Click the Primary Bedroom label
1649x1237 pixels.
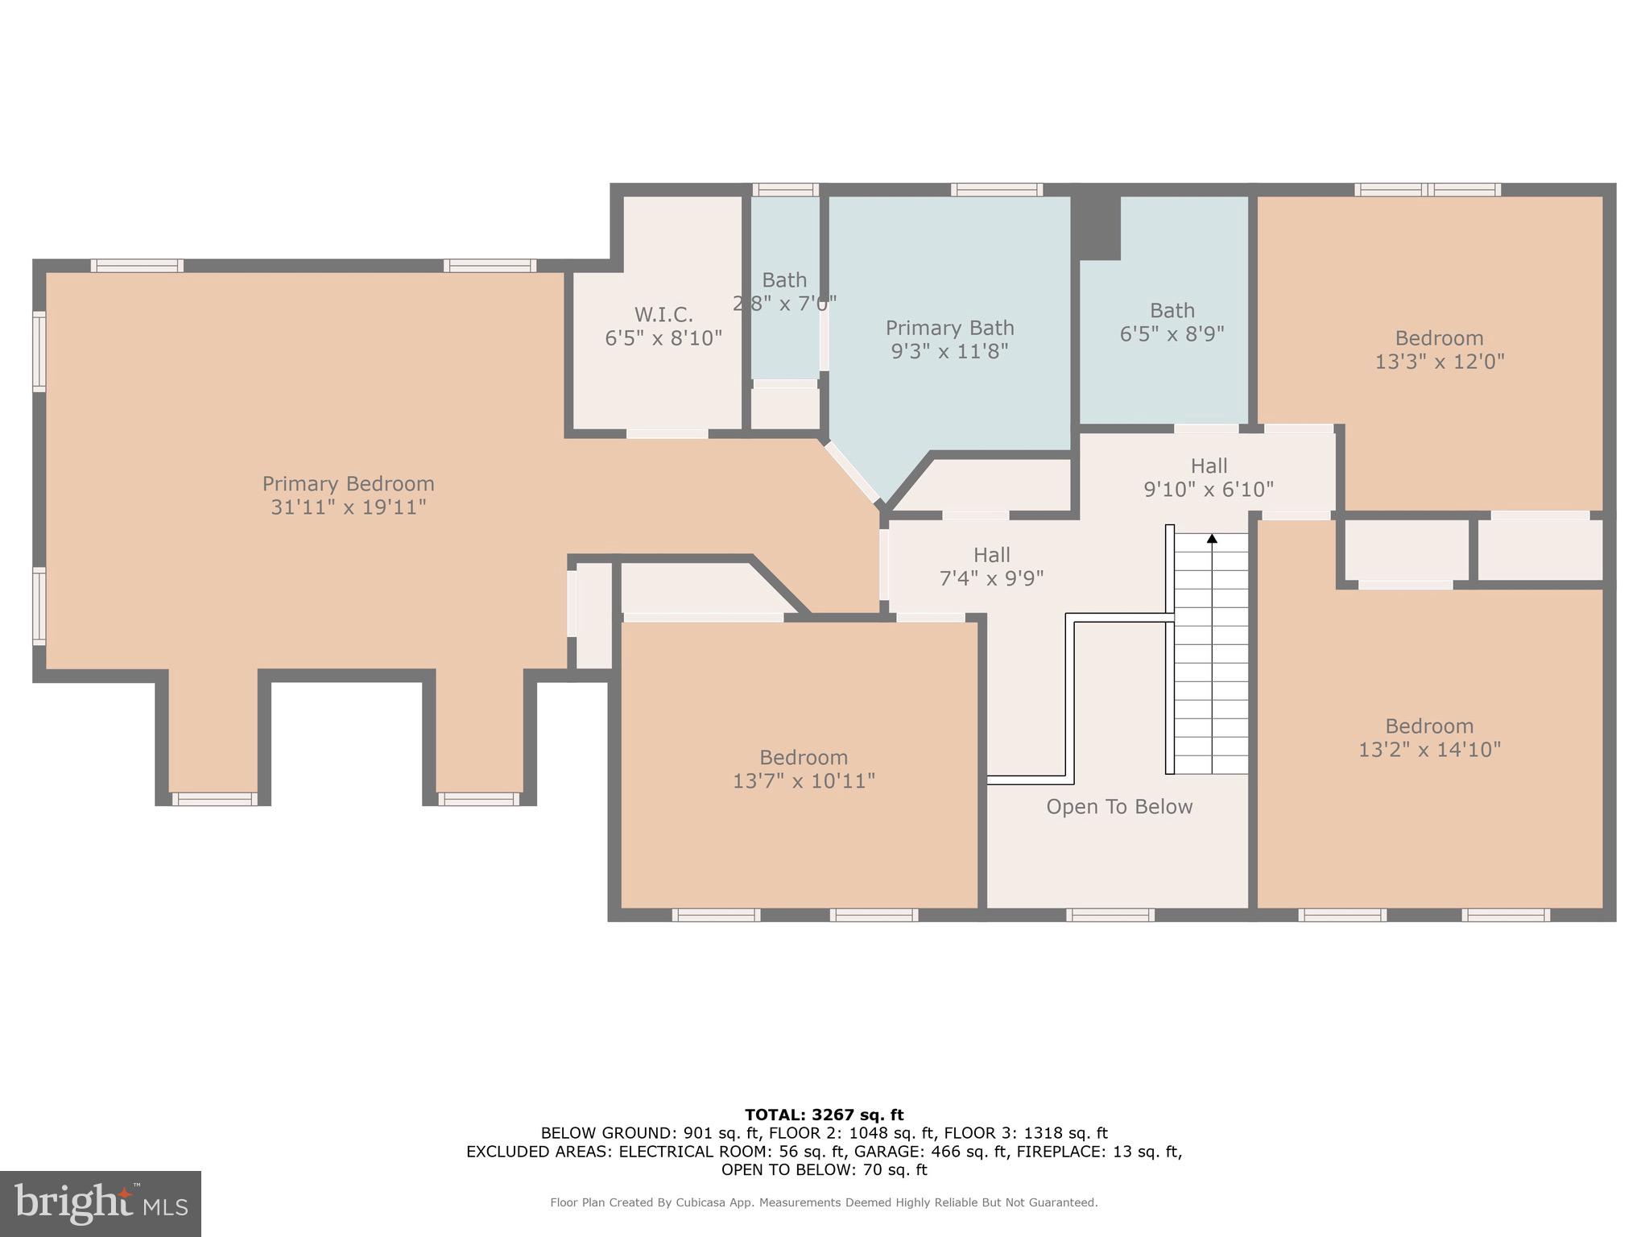pyautogui.click(x=348, y=484)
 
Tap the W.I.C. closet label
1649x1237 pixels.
pyautogui.click(x=663, y=315)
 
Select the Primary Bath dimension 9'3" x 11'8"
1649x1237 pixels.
pyautogui.click(x=949, y=351)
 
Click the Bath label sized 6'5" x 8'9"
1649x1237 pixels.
pyautogui.click(x=1172, y=311)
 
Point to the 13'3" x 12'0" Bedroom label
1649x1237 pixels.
pyautogui.click(x=1439, y=338)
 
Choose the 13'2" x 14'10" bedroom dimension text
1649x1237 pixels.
pyautogui.click(x=1429, y=750)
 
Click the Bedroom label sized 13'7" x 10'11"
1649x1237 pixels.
pyautogui.click(x=804, y=758)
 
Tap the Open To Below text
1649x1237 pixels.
pyautogui.click(x=1119, y=807)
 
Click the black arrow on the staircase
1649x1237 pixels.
pyautogui.click(x=1211, y=539)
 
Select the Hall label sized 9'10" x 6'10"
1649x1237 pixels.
pyautogui.click(x=1209, y=466)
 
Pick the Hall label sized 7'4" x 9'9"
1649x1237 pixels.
pyautogui.click(x=991, y=556)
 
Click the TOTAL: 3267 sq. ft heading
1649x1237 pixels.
pyautogui.click(x=824, y=1115)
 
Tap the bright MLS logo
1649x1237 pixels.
pyautogui.click(x=101, y=1204)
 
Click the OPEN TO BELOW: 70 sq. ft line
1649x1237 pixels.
pyautogui.click(x=824, y=1170)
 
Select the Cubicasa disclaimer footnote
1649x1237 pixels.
pyautogui.click(x=824, y=1202)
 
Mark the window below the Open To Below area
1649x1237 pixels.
pyautogui.click(x=1110, y=915)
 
